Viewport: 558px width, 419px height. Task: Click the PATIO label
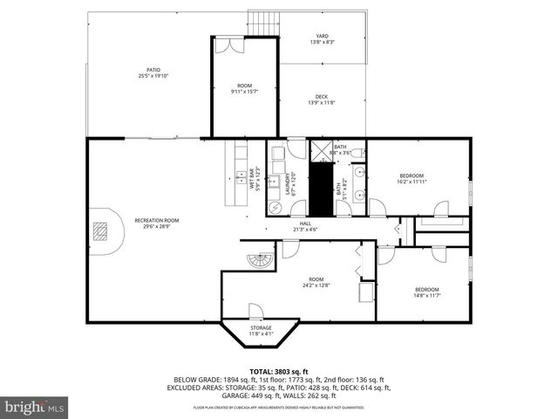[153, 71]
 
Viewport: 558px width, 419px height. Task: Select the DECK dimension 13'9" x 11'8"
[322, 103]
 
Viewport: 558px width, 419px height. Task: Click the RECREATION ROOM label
[156, 220]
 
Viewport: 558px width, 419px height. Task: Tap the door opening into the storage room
[255, 312]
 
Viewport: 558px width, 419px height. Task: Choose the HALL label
[305, 223]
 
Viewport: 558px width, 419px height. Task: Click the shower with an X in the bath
[321, 152]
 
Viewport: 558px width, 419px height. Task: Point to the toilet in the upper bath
[358, 152]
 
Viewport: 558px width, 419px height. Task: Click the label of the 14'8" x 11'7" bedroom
[426, 289]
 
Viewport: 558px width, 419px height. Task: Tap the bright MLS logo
[35, 407]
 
